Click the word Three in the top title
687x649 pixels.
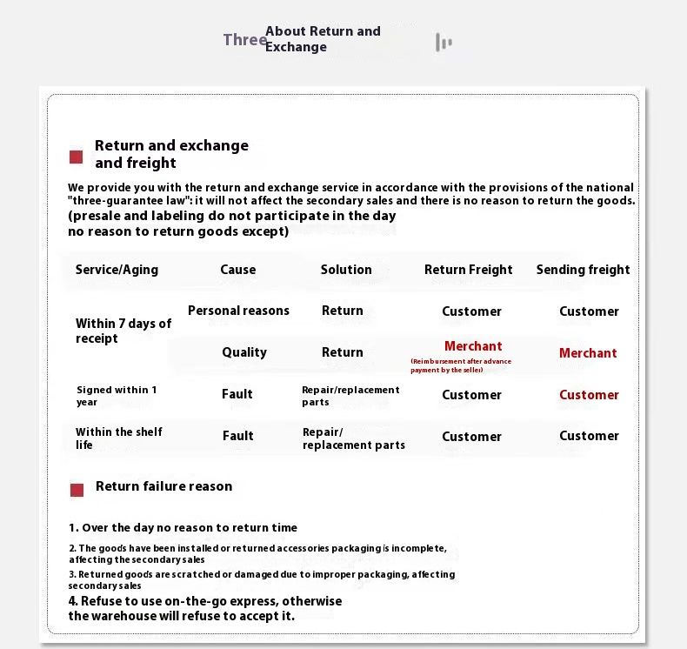click(244, 40)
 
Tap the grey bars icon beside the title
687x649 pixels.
click(444, 42)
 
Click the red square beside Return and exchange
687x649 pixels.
click(77, 157)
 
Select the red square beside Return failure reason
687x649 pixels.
click(77, 490)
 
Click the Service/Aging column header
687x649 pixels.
click(117, 270)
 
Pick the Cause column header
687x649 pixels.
click(237, 270)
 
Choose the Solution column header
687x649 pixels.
click(346, 270)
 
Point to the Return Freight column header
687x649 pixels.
click(468, 270)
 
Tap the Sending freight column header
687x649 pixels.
click(583, 270)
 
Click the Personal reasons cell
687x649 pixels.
click(238, 311)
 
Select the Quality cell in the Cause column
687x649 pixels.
click(244, 352)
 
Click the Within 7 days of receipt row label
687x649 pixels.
click(123, 331)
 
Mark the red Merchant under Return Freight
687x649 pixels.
click(473, 346)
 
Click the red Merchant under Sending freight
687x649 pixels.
click(588, 353)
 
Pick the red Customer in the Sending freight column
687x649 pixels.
click(589, 395)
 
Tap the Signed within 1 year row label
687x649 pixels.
click(117, 396)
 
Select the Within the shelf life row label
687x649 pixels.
click(118, 438)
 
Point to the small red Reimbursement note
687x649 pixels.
click(461, 365)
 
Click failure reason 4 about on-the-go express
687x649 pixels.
click(205, 608)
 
